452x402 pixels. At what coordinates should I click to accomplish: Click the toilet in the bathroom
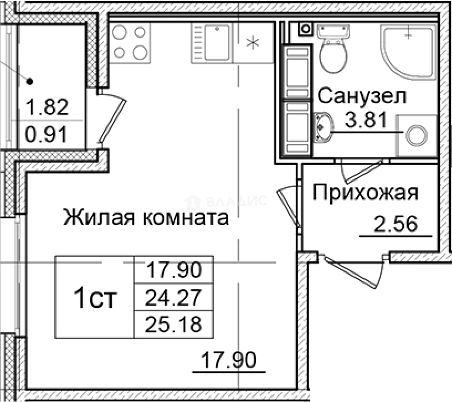pos(334,52)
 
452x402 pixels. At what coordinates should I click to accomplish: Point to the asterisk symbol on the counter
pos(254,42)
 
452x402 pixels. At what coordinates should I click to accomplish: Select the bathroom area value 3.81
pos(364,120)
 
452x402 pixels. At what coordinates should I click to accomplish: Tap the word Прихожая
pos(365,193)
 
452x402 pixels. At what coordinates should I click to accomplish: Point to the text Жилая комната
pos(146,217)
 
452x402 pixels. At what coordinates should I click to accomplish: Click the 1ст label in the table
pos(95,298)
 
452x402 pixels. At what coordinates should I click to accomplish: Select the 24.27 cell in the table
pos(174,297)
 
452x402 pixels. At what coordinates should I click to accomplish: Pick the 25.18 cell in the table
pos(174,324)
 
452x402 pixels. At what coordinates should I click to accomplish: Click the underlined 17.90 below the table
pos(229,360)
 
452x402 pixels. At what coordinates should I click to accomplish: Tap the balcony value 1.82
pos(47,107)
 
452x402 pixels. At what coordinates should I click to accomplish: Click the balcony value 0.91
pos(46,134)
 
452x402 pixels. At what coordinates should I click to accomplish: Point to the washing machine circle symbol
pos(416,136)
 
